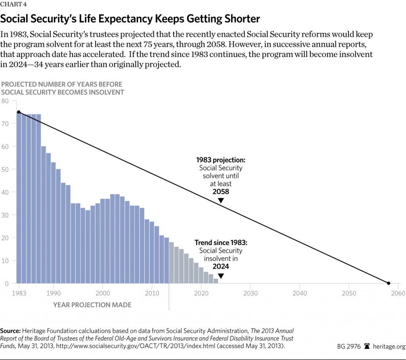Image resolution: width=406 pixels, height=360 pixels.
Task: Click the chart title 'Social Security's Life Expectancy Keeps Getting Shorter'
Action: [x=130, y=19]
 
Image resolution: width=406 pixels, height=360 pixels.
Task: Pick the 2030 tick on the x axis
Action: [x=250, y=293]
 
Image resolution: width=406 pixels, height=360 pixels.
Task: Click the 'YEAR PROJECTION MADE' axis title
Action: [x=92, y=305]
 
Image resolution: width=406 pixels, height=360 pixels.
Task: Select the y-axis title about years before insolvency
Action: [x=62, y=88]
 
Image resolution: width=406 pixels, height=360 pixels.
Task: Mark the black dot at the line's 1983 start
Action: [x=19, y=112]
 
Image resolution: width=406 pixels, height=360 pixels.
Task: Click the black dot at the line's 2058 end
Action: [x=389, y=283]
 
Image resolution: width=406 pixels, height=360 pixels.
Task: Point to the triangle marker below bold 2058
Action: [x=221, y=201]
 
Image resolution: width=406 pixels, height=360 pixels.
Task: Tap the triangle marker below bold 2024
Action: [x=221, y=276]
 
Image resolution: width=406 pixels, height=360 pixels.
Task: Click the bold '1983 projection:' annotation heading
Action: [x=221, y=160]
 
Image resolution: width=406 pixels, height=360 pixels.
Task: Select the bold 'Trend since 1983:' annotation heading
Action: [x=220, y=243]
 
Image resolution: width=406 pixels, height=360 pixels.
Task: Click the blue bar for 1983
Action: [x=19, y=198]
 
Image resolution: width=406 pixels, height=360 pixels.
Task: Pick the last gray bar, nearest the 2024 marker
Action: [x=216, y=281]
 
